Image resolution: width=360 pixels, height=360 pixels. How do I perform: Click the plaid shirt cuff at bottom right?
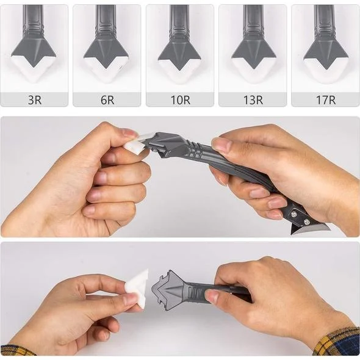tap(339, 342)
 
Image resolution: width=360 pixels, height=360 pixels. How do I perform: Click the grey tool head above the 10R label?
tap(179, 49)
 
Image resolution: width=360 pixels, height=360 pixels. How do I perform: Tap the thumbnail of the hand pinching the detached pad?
tap(130, 298)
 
